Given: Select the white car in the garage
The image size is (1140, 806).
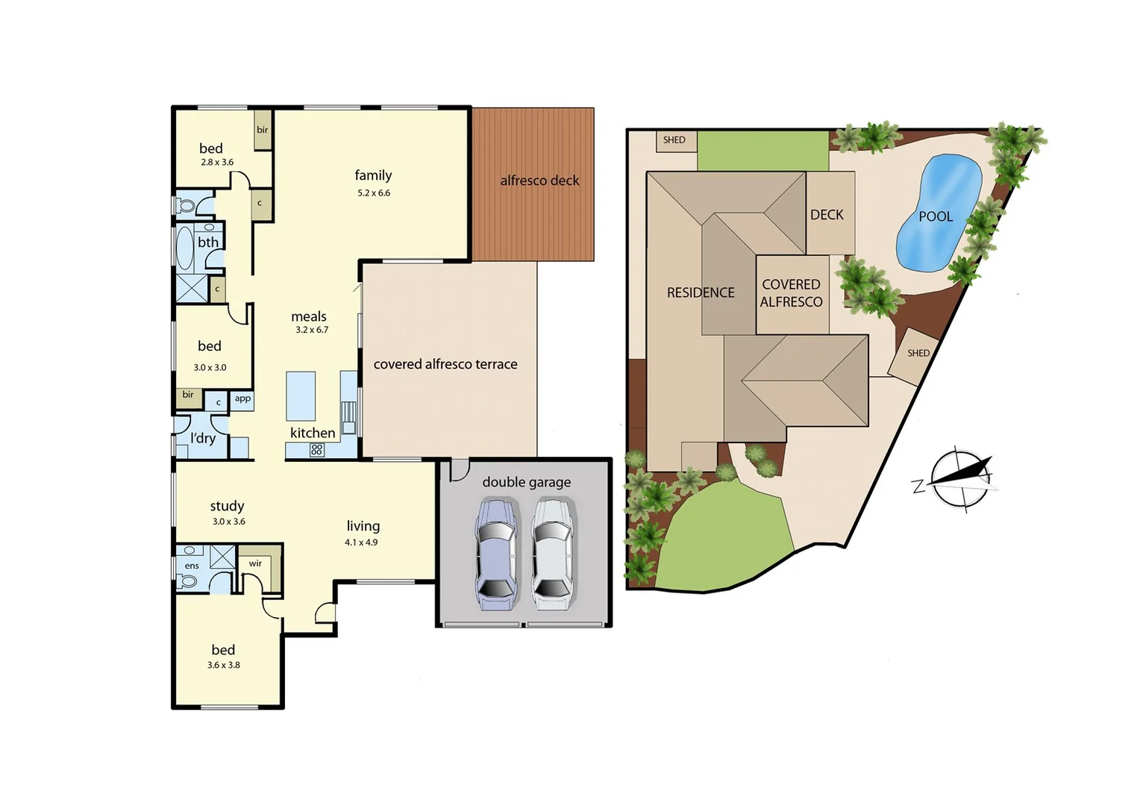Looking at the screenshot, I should point(552,554).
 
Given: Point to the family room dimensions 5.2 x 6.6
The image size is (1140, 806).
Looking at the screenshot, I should point(374,193).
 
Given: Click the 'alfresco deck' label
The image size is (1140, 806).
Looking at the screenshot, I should point(539,181).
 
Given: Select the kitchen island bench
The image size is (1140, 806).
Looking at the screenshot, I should point(301,396).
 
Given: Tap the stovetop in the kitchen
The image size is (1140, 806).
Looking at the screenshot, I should point(316,449).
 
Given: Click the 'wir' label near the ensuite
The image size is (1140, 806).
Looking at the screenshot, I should point(255,563).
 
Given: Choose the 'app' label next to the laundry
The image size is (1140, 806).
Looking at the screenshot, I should point(242,399).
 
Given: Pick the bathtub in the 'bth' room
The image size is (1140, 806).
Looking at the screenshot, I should point(184,247).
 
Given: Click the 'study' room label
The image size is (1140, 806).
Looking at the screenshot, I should point(227,506).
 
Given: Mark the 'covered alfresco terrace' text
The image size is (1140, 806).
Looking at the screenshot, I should point(445,364).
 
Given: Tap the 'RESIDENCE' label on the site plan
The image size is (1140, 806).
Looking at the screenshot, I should point(701,293).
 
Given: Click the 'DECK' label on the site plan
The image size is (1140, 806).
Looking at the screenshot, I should point(827,215).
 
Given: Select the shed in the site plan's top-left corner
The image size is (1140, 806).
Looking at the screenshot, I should point(675,140).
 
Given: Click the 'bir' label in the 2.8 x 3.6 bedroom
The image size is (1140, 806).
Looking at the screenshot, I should point(263,130).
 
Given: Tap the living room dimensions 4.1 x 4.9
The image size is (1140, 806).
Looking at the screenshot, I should point(361,543).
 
